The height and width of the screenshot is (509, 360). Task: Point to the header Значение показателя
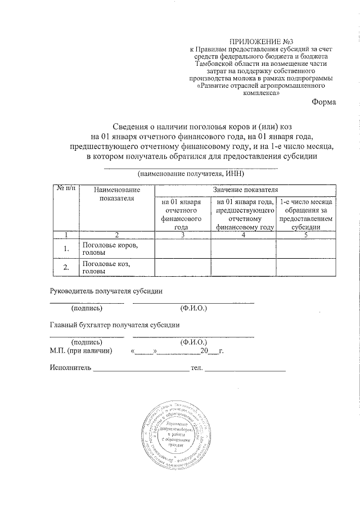tap(245, 190)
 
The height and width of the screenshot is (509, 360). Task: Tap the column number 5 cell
tap(306, 235)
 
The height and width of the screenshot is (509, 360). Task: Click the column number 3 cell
tap(183, 235)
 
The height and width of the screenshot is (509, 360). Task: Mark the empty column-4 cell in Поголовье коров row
tap(243, 249)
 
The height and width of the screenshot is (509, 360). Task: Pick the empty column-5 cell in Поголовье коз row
tap(306, 268)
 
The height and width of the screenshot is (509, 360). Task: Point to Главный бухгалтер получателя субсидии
tap(115, 325)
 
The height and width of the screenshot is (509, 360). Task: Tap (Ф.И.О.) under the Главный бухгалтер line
tap(193, 342)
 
